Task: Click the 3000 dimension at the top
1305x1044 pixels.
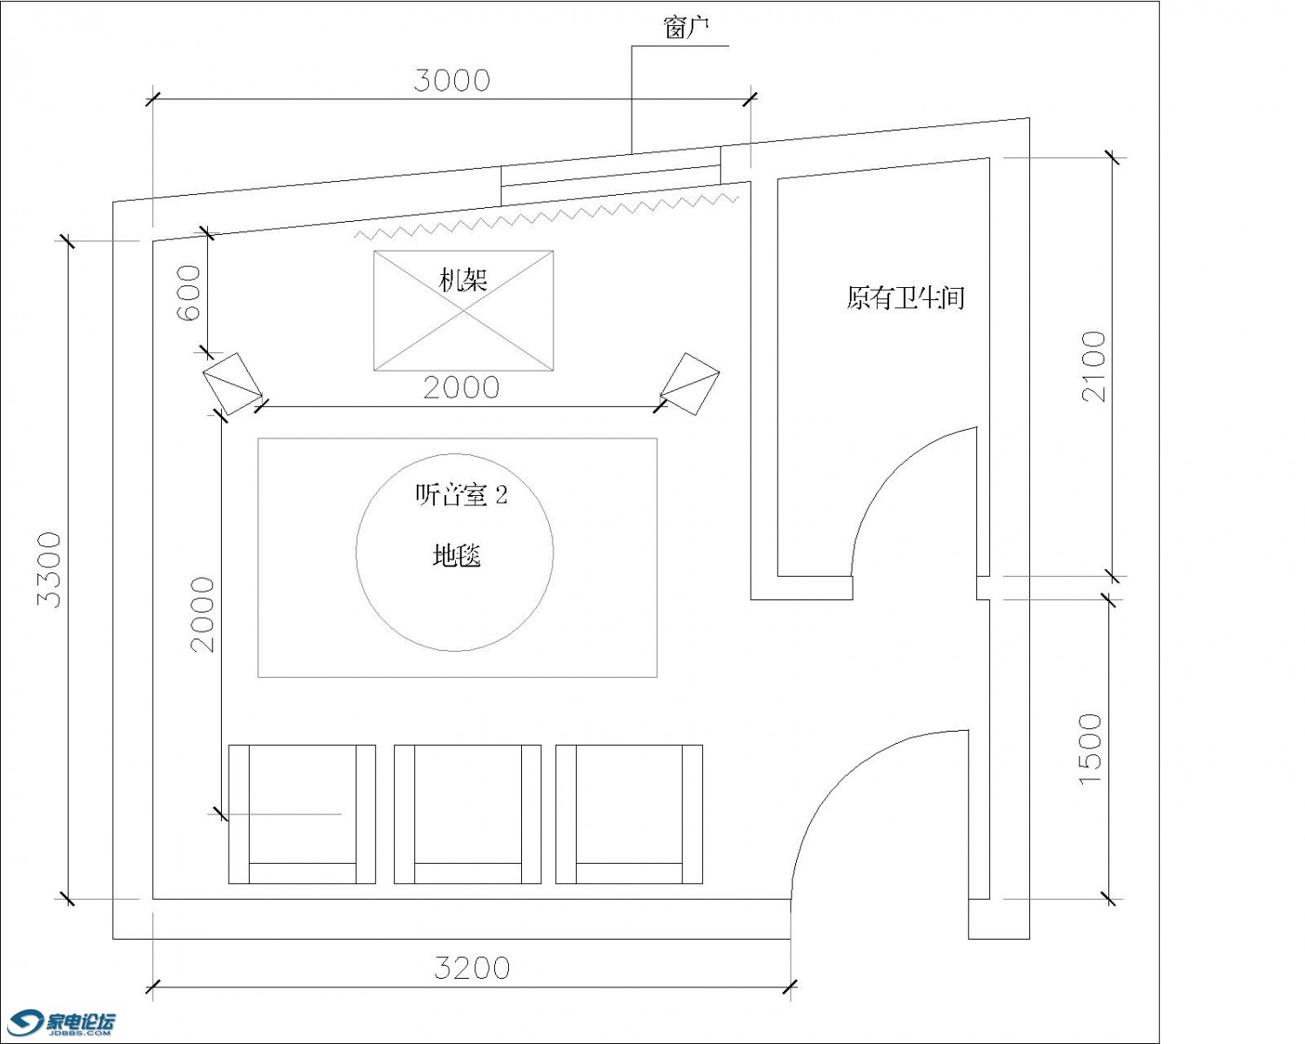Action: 452,81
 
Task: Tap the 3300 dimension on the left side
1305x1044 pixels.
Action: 49,570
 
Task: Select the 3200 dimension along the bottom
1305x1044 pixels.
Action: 472,968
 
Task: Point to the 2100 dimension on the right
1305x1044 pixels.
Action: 1094,366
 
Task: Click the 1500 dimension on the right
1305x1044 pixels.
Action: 1090,748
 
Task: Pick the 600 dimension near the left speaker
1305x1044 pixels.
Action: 188,292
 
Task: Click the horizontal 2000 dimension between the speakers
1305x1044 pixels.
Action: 461,388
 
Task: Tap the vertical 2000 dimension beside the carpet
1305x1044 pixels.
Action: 203,614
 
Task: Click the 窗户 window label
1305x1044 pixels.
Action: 686,28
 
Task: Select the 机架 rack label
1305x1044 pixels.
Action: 464,280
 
